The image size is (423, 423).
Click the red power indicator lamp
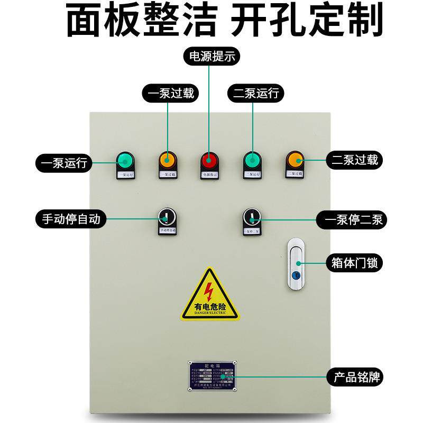pyautogui.click(x=209, y=159)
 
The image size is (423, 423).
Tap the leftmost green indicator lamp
pyautogui.click(x=124, y=159)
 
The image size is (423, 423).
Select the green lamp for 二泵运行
pyautogui.click(x=252, y=159)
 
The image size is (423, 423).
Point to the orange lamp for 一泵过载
pyautogui.click(x=167, y=159)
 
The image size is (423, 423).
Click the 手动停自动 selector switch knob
pyautogui.click(x=167, y=217)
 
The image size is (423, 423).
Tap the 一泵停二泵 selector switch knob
pyautogui.click(x=252, y=217)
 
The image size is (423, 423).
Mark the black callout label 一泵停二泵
pyautogui.click(x=354, y=219)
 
